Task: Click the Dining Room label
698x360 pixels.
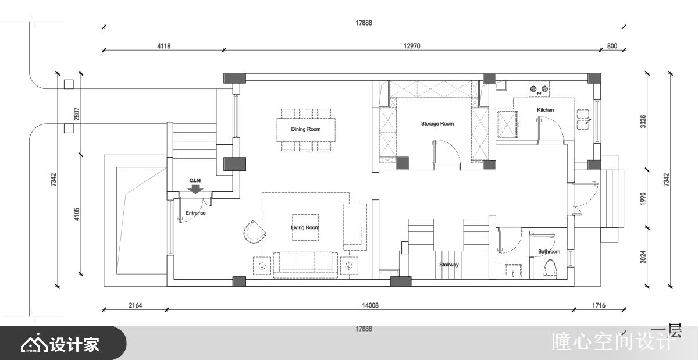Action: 306,129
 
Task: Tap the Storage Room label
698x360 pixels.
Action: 437,124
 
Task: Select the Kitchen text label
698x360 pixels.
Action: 546,110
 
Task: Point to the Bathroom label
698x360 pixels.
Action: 549,251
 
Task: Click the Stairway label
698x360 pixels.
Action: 448,265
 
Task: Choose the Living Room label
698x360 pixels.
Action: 305,227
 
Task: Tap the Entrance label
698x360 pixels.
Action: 195,213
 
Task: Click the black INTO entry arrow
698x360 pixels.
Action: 195,189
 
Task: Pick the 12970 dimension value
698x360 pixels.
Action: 412,46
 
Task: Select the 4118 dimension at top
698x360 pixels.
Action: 164,46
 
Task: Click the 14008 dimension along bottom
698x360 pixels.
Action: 370,305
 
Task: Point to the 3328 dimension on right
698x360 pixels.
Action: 643,122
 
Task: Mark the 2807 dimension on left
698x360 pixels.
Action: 77,114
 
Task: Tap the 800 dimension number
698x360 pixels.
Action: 612,46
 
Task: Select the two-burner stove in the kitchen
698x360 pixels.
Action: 539,89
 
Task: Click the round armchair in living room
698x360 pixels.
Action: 255,232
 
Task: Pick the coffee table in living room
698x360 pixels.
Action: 305,227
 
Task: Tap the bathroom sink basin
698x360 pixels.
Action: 513,270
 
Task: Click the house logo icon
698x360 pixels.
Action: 34,343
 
